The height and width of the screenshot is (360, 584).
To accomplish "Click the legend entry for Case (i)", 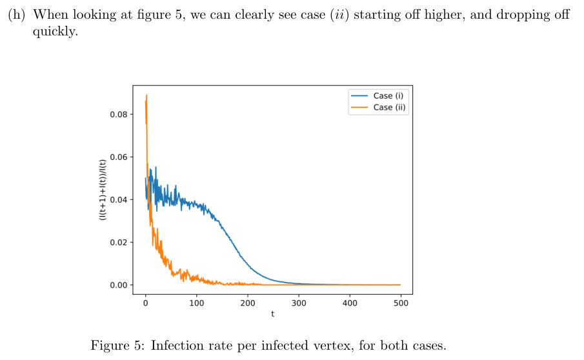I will point(388,95).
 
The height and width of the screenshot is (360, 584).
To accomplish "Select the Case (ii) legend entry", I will point(390,107).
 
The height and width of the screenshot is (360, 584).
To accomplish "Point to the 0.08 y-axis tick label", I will point(119,115).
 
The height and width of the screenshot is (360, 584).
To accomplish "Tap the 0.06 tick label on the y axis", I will point(119,157).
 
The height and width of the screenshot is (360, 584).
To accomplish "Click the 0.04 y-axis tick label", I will point(119,200).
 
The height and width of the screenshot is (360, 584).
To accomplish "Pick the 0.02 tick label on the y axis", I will point(119,243).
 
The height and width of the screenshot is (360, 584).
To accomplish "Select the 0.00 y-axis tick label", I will point(119,285).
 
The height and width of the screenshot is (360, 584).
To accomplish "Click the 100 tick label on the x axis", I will point(196,302).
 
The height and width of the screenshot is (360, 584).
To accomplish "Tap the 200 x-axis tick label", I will point(247,302).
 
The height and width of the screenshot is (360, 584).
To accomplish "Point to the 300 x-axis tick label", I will point(298,302).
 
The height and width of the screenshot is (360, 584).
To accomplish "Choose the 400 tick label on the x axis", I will point(349,302).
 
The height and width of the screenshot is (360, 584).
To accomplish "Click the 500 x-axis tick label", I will point(400,302).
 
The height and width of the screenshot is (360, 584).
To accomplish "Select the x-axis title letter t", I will point(272,314).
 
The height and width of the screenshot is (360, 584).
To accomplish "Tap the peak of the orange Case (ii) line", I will point(146,95).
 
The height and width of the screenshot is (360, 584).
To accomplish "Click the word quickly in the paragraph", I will point(54,30).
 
